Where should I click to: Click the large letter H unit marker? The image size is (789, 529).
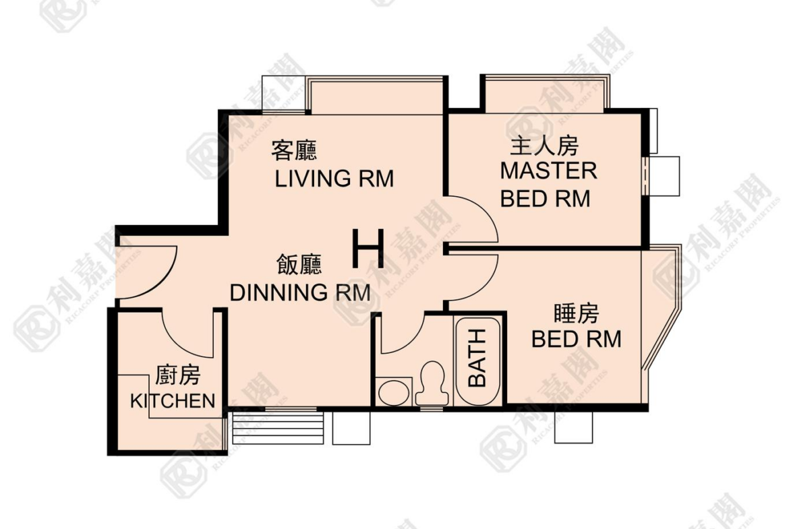pyautogui.click(x=368, y=249)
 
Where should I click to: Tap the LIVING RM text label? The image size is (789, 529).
pyautogui.click(x=334, y=179)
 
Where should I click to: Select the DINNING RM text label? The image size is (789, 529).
pyautogui.click(x=300, y=292)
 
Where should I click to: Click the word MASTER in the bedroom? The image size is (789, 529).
pyautogui.click(x=548, y=171)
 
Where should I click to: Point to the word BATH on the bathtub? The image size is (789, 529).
pyautogui.click(x=477, y=358)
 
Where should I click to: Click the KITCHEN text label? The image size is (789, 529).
pyautogui.click(x=173, y=401)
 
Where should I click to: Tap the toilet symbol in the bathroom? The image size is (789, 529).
pyautogui.click(x=432, y=383)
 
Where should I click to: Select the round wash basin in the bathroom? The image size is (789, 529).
pyautogui.click(x=394, y=392)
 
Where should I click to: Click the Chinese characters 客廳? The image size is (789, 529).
pyautogui.click(x=295, y=150)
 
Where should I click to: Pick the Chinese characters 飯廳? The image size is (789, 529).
pyautogui.click(x=299, y=264)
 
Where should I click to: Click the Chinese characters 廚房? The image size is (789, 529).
pyautogui.click(x=177, y=375)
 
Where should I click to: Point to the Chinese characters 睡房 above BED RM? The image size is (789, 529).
pyautogui.click(x=577, y=314)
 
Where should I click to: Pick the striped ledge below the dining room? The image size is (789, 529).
pyautogui.click(x=277, y=428)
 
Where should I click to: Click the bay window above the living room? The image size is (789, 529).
pyautogui.click(x=376, y=95)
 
